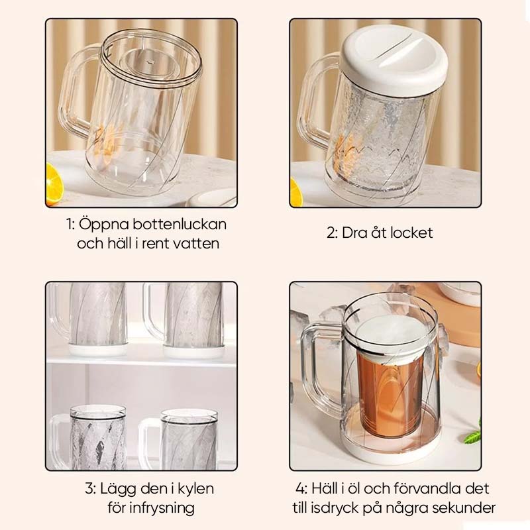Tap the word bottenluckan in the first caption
click(179, 224)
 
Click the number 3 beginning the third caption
click(89, 489)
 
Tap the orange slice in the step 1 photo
click(54, 184)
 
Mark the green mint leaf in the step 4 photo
click(473, 435)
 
